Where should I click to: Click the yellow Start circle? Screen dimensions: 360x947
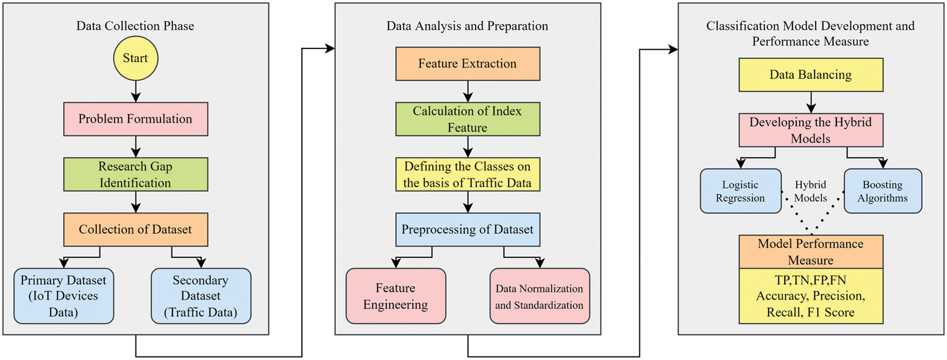pyautogui.click(x=135, y=58)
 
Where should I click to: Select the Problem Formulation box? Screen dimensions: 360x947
pyautogui.click(x=135, y=119)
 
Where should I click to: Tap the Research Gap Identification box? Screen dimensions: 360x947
pyautogui.click(x=135, y=174)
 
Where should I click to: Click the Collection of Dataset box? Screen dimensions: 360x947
pyautogui.click(x=135, y=229)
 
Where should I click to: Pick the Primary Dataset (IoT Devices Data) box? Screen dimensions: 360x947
pyautogui.click(x=64, y=296)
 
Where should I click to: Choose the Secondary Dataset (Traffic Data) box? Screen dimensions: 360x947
pyautogui.click(x=201, y=296)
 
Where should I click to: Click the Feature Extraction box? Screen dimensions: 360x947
pyautogui.click(x=467, y=64)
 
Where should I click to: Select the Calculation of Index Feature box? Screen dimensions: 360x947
pyautogui.click(x=467, y=119)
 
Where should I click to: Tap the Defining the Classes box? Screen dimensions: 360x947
pyautogui.click(x=467, y=174)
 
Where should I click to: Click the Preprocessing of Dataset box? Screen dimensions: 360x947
pyautogui.click(x=467, y=229)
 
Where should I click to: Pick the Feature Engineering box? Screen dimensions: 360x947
pyautogui.click(x=395, y=296)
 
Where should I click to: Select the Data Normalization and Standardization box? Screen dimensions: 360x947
pyautogui.click(x=539, y=296)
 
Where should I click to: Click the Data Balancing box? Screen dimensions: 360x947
pyautogui.click(x=811, y=75)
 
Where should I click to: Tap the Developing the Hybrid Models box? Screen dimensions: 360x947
pyautogui.click(x=811, y=130)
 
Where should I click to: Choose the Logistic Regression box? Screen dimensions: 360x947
pyautogui.click(x=740, y=191)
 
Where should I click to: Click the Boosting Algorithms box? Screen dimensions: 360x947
pyautogui.click(x=882, y=191)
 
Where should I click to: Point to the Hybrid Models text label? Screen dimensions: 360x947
pyautogui.click(x=811, y=191)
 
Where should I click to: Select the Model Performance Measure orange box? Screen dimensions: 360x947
pyautogui.click(x=811, y=252)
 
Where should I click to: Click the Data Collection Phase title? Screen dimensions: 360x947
pyautogui.click(x=135, y=26)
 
